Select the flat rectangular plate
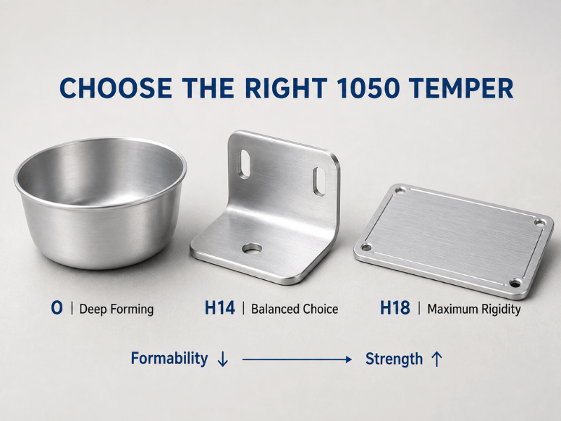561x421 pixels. [x=454, y=241]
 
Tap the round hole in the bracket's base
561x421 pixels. [x=252, y=248]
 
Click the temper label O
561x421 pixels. [x=57, y=308]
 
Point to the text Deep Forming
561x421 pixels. [x=116, y=309]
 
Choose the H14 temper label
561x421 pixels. [x=219, y=308]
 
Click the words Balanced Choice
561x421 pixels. [x=295, y=309]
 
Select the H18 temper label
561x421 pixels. [x=395, y=308]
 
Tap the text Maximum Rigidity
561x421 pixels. [x=474, y=309]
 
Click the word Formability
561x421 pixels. [x=169, y=359]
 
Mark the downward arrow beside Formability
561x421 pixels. [x=222, y=359]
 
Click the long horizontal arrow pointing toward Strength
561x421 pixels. [x=297, y=359]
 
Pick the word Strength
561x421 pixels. [x=394, y=359]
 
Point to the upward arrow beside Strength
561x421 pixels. [x=437, y=359]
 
